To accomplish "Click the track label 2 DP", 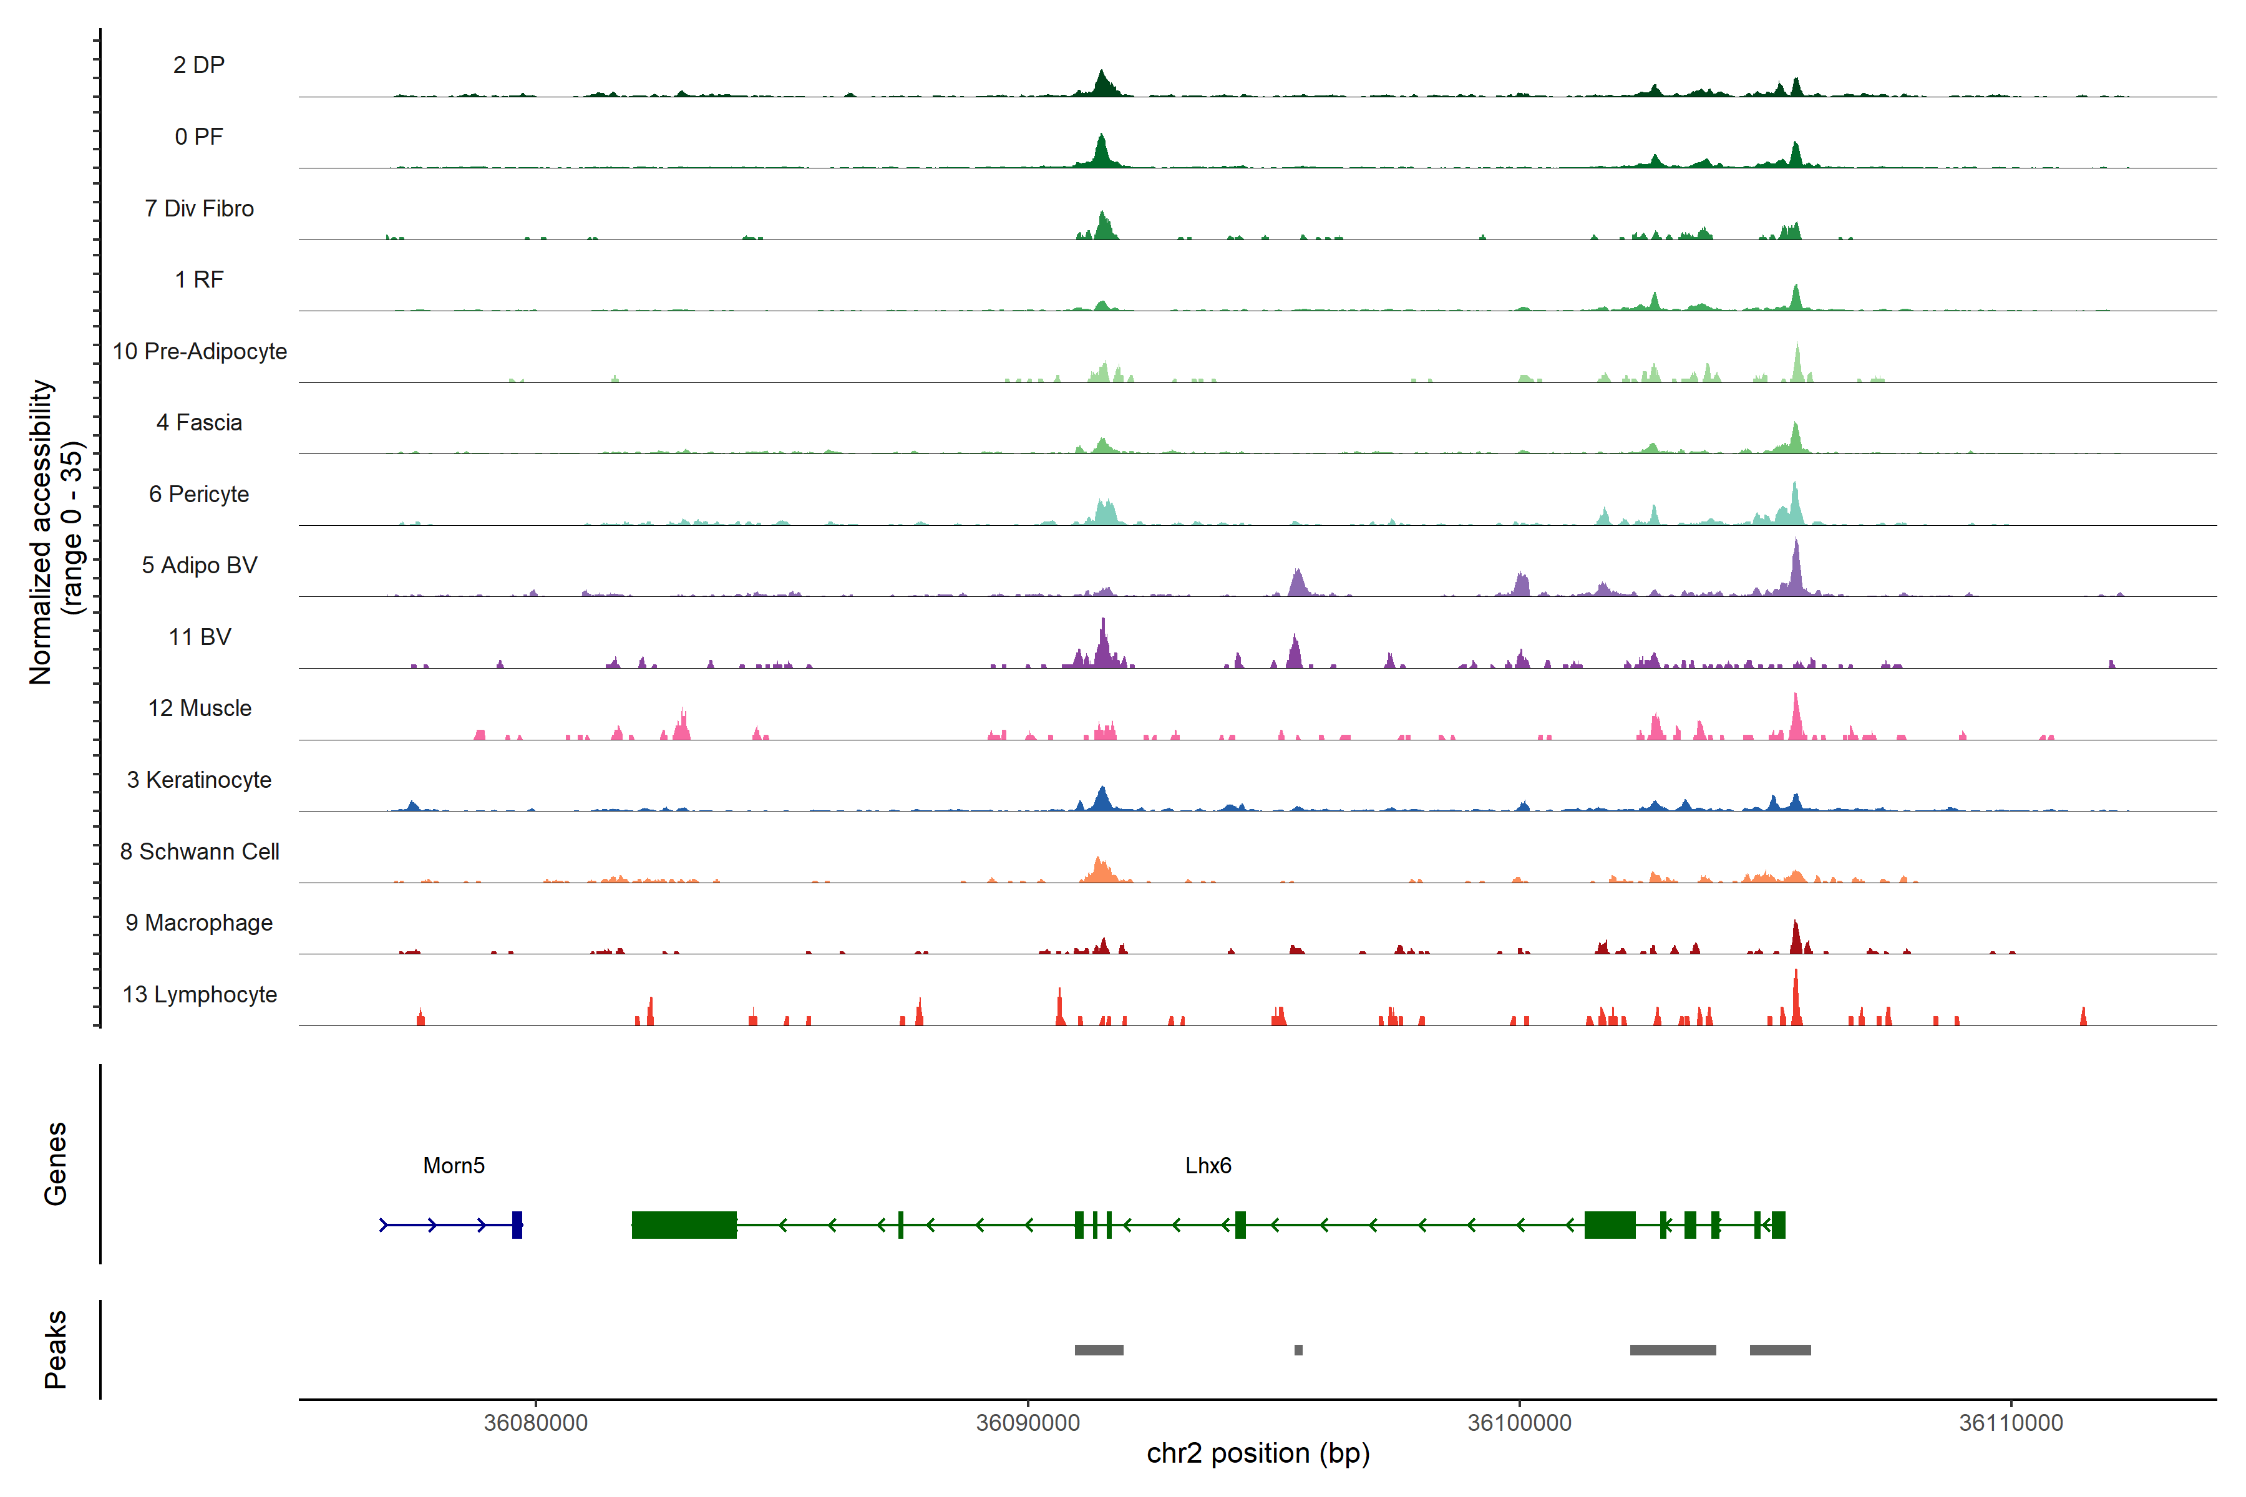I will (198, 65).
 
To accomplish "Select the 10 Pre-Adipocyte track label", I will (200, 351).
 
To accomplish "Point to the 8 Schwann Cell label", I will (200, 851).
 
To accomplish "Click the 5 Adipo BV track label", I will (200, 565).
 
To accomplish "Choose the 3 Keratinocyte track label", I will (200, 780).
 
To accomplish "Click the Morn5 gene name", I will (454, 1166).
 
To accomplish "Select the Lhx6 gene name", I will (1208, 1166).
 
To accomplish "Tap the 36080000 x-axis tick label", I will (536, 1423).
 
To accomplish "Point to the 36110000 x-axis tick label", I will (2011, 1423).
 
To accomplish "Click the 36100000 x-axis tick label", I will (1519, 1423).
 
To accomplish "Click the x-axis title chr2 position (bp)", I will (1258, 1453).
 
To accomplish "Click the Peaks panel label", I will (56, 1349).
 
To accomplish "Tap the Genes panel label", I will (56, 1164).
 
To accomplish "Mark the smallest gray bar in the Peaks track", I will (1299, 1350).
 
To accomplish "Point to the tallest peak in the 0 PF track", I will (1101, 148).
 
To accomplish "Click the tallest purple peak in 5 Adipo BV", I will (1796, 563).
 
